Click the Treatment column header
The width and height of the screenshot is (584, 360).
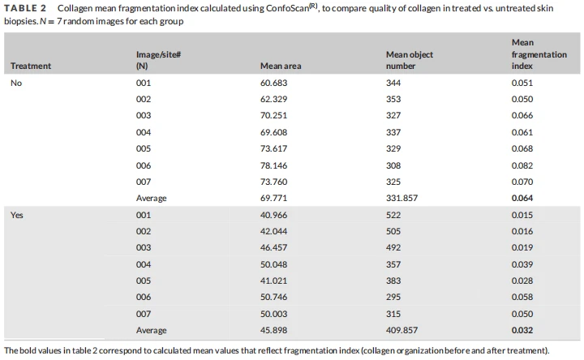click(x=31, y=66)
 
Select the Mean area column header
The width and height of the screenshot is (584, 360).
click(x=281, y=66)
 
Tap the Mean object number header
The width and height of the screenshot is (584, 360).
click(x=410, y=60)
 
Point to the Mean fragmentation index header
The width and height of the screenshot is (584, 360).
click(x=539, y=54)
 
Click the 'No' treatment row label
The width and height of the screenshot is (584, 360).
click(x=16, y=83)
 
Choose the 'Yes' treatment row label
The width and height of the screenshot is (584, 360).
click(x=17, y=215)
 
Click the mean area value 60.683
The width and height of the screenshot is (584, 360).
click(x=274, y=83)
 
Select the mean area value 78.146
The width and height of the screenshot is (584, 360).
click(x=274, y=165)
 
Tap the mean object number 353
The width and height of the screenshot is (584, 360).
click(x=393, y=100)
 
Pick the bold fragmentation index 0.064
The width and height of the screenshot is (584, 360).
click(x=522, y=198)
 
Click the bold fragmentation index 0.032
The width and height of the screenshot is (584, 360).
click(x=522, y=330)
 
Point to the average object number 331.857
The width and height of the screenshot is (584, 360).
click(x=401, y=198)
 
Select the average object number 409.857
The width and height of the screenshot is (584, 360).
click(x=401, y=330)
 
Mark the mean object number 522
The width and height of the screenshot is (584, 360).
click(x=393, y=215)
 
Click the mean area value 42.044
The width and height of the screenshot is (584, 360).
click(x=274, y=232)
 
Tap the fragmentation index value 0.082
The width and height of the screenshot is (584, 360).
click(x=522, y=165)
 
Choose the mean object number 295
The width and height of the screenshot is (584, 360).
click(x=393, y=297)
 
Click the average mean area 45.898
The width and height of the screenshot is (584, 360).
click(x=274, y=330)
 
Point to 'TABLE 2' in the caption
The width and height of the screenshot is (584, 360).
click(x=25, y=8)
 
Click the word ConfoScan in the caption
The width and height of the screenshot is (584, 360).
click(x=287, y=8)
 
